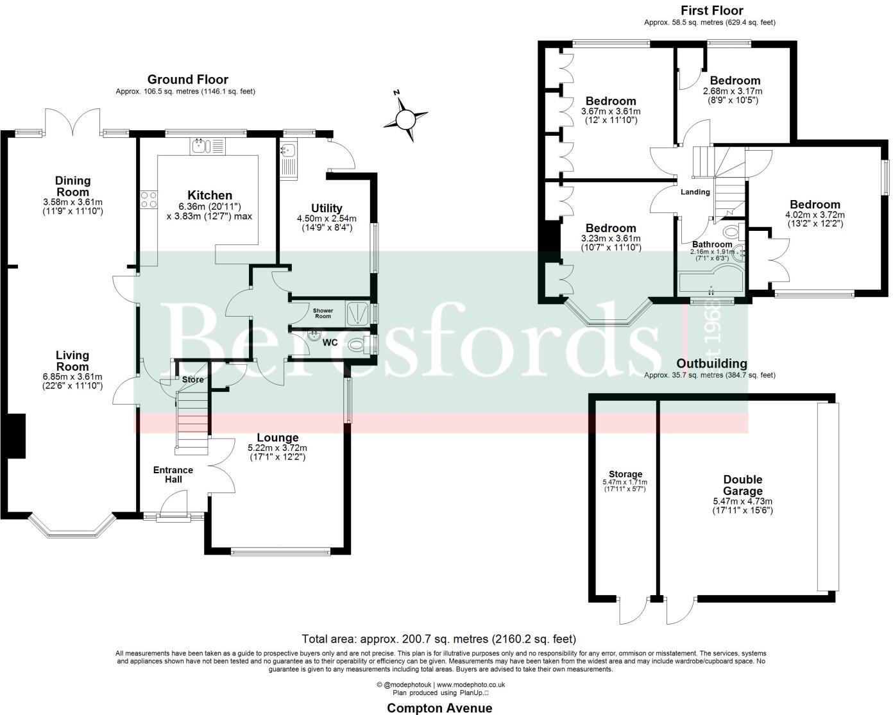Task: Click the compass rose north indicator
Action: pos(405,119)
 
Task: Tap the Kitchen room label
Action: pos(210,195)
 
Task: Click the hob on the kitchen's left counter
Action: pos(149,199)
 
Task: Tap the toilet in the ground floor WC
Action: pos(357,345)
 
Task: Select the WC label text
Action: pos(330,342)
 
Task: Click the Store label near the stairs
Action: pos(192,380)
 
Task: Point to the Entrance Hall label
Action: pos(173,475)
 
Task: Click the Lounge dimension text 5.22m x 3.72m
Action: pos(278,448)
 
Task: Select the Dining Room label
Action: pos(72,186)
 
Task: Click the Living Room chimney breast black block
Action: pos(16,436)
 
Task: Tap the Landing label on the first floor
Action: pos(695,192)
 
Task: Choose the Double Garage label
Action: pos(742,485)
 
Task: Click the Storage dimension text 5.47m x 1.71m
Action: pos(625,482)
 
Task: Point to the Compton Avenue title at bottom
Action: pos(439,708)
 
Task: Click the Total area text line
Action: pos(439,639)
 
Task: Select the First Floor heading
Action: pos(711,10)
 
